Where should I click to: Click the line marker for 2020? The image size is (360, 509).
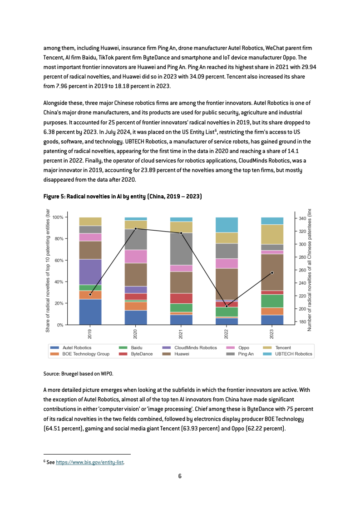click(136, 228)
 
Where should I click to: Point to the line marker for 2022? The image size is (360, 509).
click(227, 306)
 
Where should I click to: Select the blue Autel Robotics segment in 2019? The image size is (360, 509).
click(90, 312)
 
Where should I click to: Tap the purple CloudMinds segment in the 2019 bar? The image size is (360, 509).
click(90, 272)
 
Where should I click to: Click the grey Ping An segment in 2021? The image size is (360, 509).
click(181, 249)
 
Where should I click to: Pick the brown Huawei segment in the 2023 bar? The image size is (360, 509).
click(272, 272)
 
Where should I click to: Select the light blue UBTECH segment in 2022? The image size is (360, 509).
click(227, 225)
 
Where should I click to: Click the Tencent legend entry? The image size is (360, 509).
click(277, 348)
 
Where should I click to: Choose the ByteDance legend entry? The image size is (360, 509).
click(136, 354)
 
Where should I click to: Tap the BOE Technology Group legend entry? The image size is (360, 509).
click(80, 354)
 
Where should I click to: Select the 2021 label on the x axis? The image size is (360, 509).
click(181, 334)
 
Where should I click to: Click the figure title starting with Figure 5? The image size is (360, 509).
click(123, 197)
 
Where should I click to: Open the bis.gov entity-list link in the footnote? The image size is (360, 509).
click(89, 462)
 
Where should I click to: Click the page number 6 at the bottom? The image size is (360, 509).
click(180, 476)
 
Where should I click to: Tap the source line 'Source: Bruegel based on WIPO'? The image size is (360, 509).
click(78, 374)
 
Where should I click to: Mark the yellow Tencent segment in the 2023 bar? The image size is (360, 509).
click(272, 234)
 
